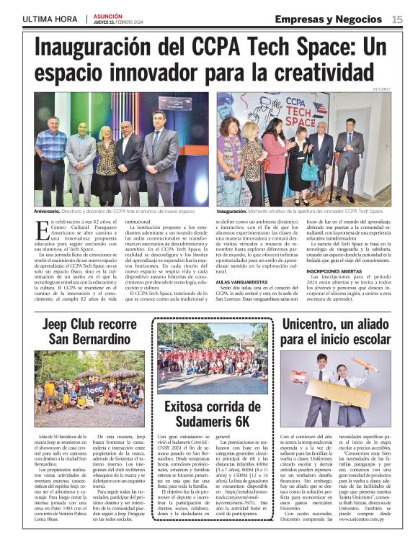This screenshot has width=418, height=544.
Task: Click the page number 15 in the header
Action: point(398,19)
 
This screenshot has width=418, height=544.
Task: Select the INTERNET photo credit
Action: point(382,89)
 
